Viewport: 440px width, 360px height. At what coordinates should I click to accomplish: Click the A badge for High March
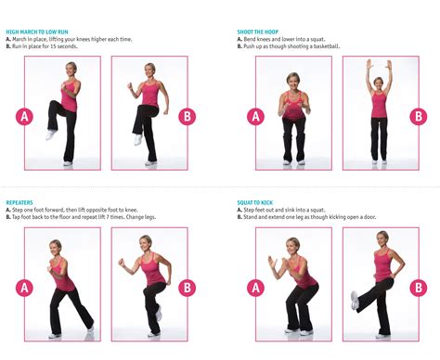click(25, 116)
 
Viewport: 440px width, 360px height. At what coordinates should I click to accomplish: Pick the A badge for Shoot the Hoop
click(256, 116)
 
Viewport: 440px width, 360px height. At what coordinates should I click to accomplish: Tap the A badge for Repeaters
click(25, 288)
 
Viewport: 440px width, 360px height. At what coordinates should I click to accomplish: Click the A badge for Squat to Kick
click(256, 288)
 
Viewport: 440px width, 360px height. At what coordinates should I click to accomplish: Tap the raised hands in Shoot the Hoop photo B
click(379, 66)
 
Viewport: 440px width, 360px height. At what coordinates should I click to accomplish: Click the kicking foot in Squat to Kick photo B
click(355, 301)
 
